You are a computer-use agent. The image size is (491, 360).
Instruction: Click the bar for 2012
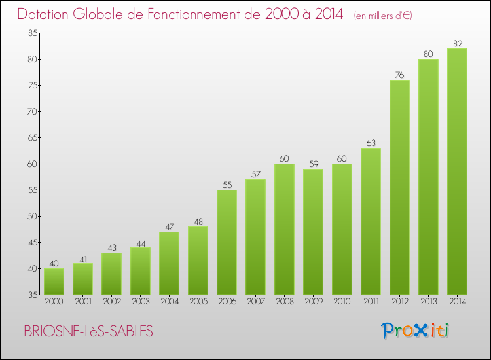pos(399,187)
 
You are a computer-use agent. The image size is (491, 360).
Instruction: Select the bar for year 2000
pos(54,281)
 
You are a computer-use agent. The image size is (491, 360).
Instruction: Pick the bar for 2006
pos(227,242)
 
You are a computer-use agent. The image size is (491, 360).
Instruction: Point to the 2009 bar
pos(313,232)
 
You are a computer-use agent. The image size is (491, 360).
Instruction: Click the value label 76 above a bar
pos(399,75)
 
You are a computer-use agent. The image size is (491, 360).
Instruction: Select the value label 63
pos(371,143)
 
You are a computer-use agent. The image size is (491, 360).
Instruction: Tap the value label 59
pos(313,164)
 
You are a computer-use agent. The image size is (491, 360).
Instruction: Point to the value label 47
pos(169,226)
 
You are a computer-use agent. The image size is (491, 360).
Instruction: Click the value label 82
pos(457,43)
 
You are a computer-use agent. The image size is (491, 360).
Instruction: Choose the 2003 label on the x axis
pos(140,302)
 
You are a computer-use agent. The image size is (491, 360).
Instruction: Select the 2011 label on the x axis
pos(371,302)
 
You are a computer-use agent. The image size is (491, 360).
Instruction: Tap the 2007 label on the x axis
pos(255,302)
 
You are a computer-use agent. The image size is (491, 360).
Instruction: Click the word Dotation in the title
pos(44,14)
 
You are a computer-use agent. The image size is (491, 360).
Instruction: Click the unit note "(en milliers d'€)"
pos(383,16)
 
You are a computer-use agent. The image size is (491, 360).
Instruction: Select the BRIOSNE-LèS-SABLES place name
pos(88,332)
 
